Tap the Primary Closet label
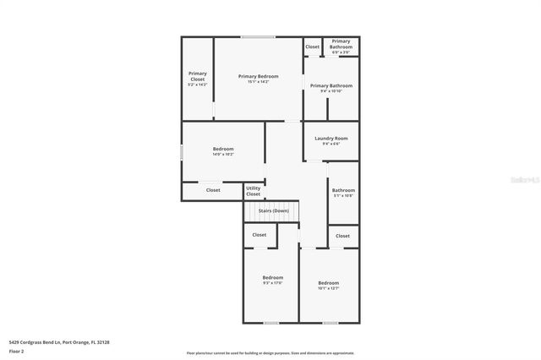click(x=197, y=79)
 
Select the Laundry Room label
click(x=331, y=140)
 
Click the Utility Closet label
click(x=254, y=192)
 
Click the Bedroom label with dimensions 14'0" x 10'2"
click(x=223, y=151)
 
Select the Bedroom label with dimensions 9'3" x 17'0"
click(x=272, y=280)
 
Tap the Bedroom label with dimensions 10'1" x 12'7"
click(x=328, y=285)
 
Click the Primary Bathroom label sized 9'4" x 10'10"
click(x=331, y=88)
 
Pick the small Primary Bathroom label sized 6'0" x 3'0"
click(x=341, y=46)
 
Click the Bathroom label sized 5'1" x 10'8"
click(x=343, y=193)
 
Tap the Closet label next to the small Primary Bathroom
click(x=312, y=46)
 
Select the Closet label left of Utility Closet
click(x=213, y=190)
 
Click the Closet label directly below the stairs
click(x=260, y=235)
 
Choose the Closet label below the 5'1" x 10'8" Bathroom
click(x=342, y=236)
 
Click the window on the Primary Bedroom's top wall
click(x=258, y=36)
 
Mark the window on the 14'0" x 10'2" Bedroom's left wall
click(x=182, y=152)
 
